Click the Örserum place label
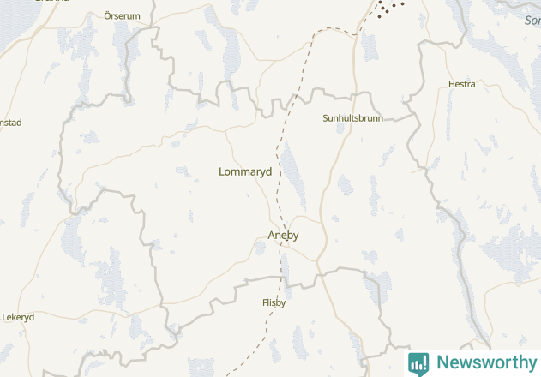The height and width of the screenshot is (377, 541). [x=121, y=15]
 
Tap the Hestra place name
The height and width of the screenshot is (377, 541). [x=461, y=84]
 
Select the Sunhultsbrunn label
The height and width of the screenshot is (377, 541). [x=352, y=117]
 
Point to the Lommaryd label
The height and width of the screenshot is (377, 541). [x=245, y=171]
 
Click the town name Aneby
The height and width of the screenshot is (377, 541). [x=283, y=235]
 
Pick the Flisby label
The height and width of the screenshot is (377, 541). [x=274, y=302]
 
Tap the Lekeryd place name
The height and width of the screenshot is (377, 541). [x=18, y=316]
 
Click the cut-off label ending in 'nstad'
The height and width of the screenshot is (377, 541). [x=10, y=123]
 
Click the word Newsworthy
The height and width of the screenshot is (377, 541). [x=486, y=362]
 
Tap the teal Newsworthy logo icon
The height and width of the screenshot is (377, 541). [x=418, y=363]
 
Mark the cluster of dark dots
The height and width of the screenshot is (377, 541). [x=390, y=8]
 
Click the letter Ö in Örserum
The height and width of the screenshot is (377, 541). [x=107, y=15]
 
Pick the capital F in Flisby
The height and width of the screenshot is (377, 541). [x=265, y=302]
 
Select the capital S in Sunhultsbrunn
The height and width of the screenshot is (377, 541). [x=325, y=117]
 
